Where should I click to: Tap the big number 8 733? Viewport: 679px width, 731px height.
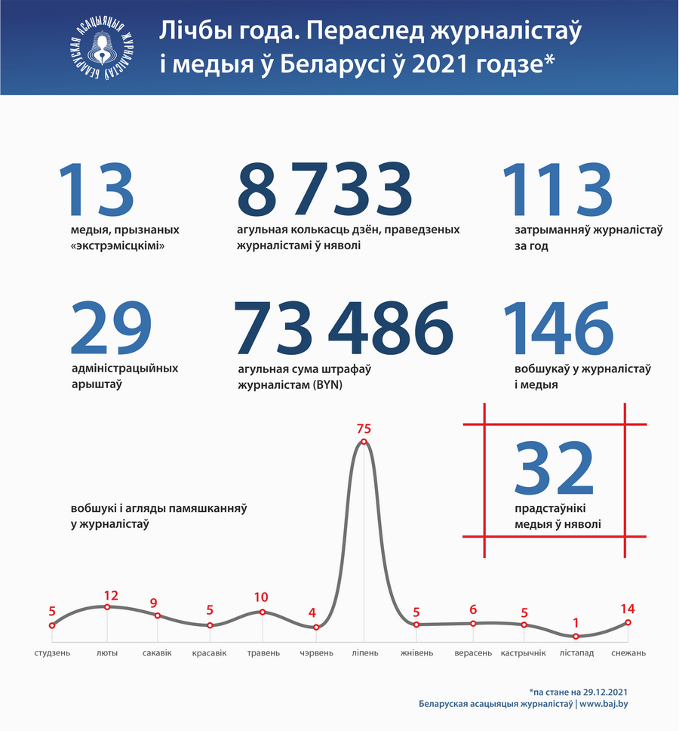[x=324, y=190]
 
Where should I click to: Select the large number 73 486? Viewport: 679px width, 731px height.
[x=343, y=329]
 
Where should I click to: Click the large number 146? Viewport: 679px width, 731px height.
[x=558, y=329]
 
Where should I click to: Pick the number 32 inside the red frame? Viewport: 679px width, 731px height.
[x=555, y=469]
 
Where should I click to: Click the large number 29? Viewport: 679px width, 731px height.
[x=110, y=329]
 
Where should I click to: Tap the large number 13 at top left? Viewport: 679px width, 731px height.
[x=96, y=190]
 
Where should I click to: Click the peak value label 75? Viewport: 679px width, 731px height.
[x=364, y=428]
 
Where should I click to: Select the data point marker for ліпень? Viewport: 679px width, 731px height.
[x=364, y=442]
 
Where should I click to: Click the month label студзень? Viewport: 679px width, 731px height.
[x=52, y=652]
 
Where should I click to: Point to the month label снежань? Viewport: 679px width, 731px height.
[x=628, y=652]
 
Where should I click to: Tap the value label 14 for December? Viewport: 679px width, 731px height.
[x=628, y=609]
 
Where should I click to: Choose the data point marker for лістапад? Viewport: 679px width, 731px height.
[x=576, y=637]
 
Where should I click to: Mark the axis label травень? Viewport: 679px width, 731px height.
[x=263, y=652]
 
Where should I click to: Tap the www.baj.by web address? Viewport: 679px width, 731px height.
[x=605, y=704]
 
